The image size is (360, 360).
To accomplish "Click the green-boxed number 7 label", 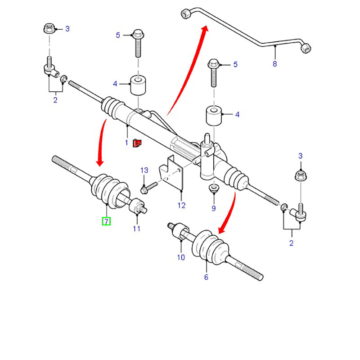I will [106, 221].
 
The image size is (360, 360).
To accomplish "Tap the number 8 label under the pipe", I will [274, 63].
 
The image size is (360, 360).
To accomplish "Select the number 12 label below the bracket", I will [181, 205].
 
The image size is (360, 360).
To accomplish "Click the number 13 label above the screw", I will [144, 170].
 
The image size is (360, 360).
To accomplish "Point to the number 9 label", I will [213, 208].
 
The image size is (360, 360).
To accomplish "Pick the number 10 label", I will [180, 257].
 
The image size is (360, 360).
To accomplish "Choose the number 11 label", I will [137, 229].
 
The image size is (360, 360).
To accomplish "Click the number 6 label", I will [206, 277].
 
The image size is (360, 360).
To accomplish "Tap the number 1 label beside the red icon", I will [127, 143].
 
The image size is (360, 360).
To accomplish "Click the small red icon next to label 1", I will [137, 143].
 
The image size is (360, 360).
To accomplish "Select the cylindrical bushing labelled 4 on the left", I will [139, 85].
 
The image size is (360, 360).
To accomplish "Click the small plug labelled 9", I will [214, 188].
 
